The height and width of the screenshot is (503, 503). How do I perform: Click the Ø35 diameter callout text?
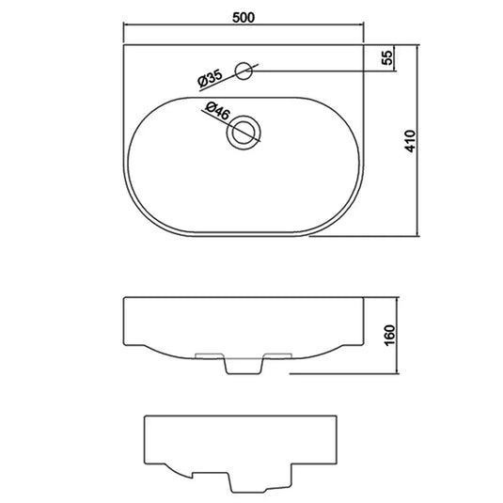click(210, 79)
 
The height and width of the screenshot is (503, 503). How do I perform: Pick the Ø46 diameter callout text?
click(215, 110)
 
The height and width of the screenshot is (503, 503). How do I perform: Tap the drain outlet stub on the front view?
click(244, 364)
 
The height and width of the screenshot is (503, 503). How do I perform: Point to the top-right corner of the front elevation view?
click(362, 298)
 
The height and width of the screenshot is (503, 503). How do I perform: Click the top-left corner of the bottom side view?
click(145, 415)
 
